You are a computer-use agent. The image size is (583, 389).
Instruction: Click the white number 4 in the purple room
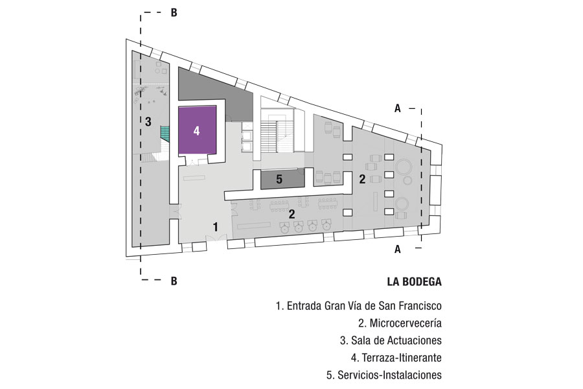coord(196,130)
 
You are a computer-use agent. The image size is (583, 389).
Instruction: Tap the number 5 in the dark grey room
coord(279,180)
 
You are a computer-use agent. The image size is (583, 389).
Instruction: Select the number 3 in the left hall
coord(148,121)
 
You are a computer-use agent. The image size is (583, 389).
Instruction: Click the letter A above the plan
coord(398,109)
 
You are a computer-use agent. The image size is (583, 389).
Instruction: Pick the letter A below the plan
coord(398,249)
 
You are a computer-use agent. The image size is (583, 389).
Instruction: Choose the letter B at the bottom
coord(174,281)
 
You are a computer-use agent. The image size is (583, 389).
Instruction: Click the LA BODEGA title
coord(414,282)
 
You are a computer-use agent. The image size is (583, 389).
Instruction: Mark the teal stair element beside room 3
coord(166,134)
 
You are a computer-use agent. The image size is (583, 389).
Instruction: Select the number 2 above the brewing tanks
coord(293,212)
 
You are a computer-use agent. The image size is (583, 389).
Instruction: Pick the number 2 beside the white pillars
coord(363,178)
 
